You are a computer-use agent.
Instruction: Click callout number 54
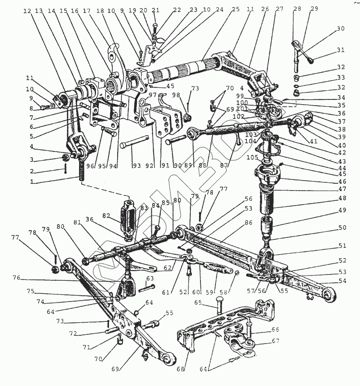pyautogui.click(x=341, y=281)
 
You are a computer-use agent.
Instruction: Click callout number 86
pyautogui.click(x=249, y=223)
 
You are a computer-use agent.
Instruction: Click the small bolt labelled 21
pyautogui.click(x=154, y=24)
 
